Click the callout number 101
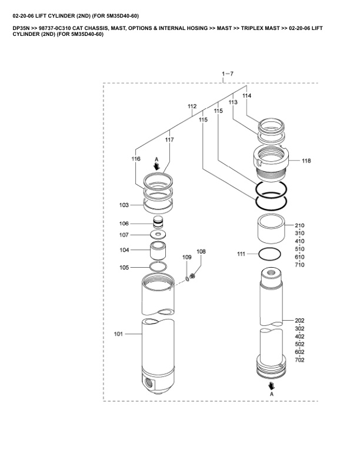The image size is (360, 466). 118,334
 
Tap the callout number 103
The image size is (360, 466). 124,205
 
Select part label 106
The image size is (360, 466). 124,224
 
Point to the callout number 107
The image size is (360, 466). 124,235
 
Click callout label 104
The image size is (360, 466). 124,250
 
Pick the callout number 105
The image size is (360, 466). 124,267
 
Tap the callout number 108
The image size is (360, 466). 201,252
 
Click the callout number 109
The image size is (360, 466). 186,258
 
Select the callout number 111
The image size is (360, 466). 241,254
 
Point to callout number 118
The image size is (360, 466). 306,161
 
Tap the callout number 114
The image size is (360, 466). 246,95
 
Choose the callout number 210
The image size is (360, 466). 299,226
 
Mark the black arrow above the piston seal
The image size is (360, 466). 156,167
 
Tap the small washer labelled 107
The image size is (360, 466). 157,235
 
